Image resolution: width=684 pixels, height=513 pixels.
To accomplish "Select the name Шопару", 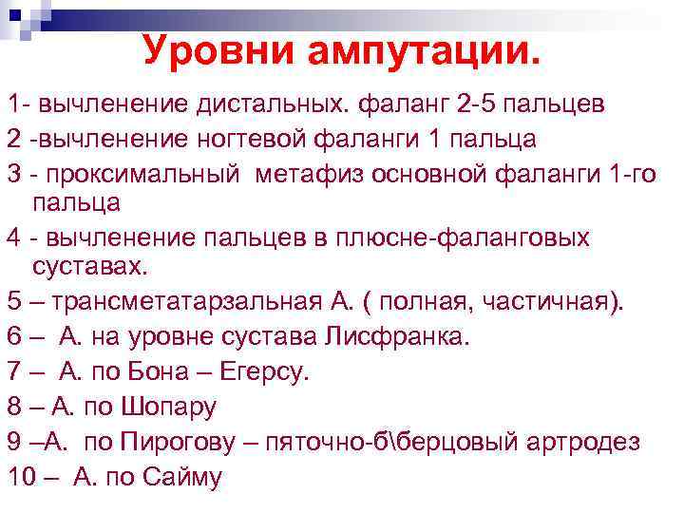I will click(x=169, y=407).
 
